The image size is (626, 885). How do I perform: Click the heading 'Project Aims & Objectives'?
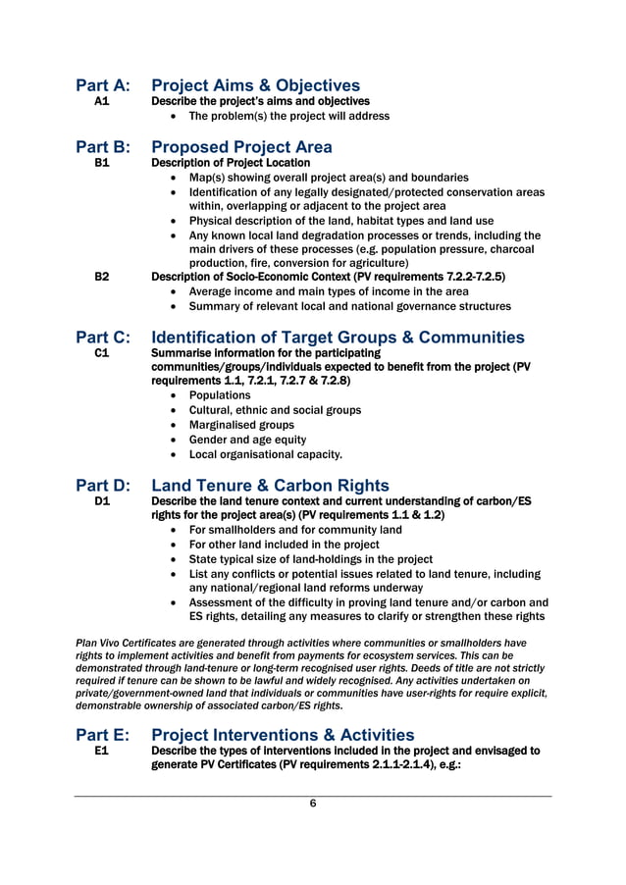(x=255, y=86)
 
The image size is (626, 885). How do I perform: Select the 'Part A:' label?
(x=103, y=86)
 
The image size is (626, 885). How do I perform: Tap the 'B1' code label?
(x=101, y=163)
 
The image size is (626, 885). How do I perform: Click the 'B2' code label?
(x=101, y=278)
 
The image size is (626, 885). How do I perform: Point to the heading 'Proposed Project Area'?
(x=241, y=147)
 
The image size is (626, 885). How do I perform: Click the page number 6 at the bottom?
(x=313, y=804)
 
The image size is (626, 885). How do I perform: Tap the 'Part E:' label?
(x=103, y=735)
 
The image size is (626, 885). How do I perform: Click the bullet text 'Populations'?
(x=220, y=395)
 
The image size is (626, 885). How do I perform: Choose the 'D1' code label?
(x=101, y=501)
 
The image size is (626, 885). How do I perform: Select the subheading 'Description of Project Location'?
(x=230, y=163)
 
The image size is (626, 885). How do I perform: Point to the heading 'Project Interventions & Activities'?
(x=283, y=735)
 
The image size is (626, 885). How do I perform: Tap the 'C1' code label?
(x=101, y=353)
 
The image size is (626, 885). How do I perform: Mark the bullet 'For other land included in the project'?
(x=284, y=545)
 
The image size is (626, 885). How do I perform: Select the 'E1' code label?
(x=101, y=751)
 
